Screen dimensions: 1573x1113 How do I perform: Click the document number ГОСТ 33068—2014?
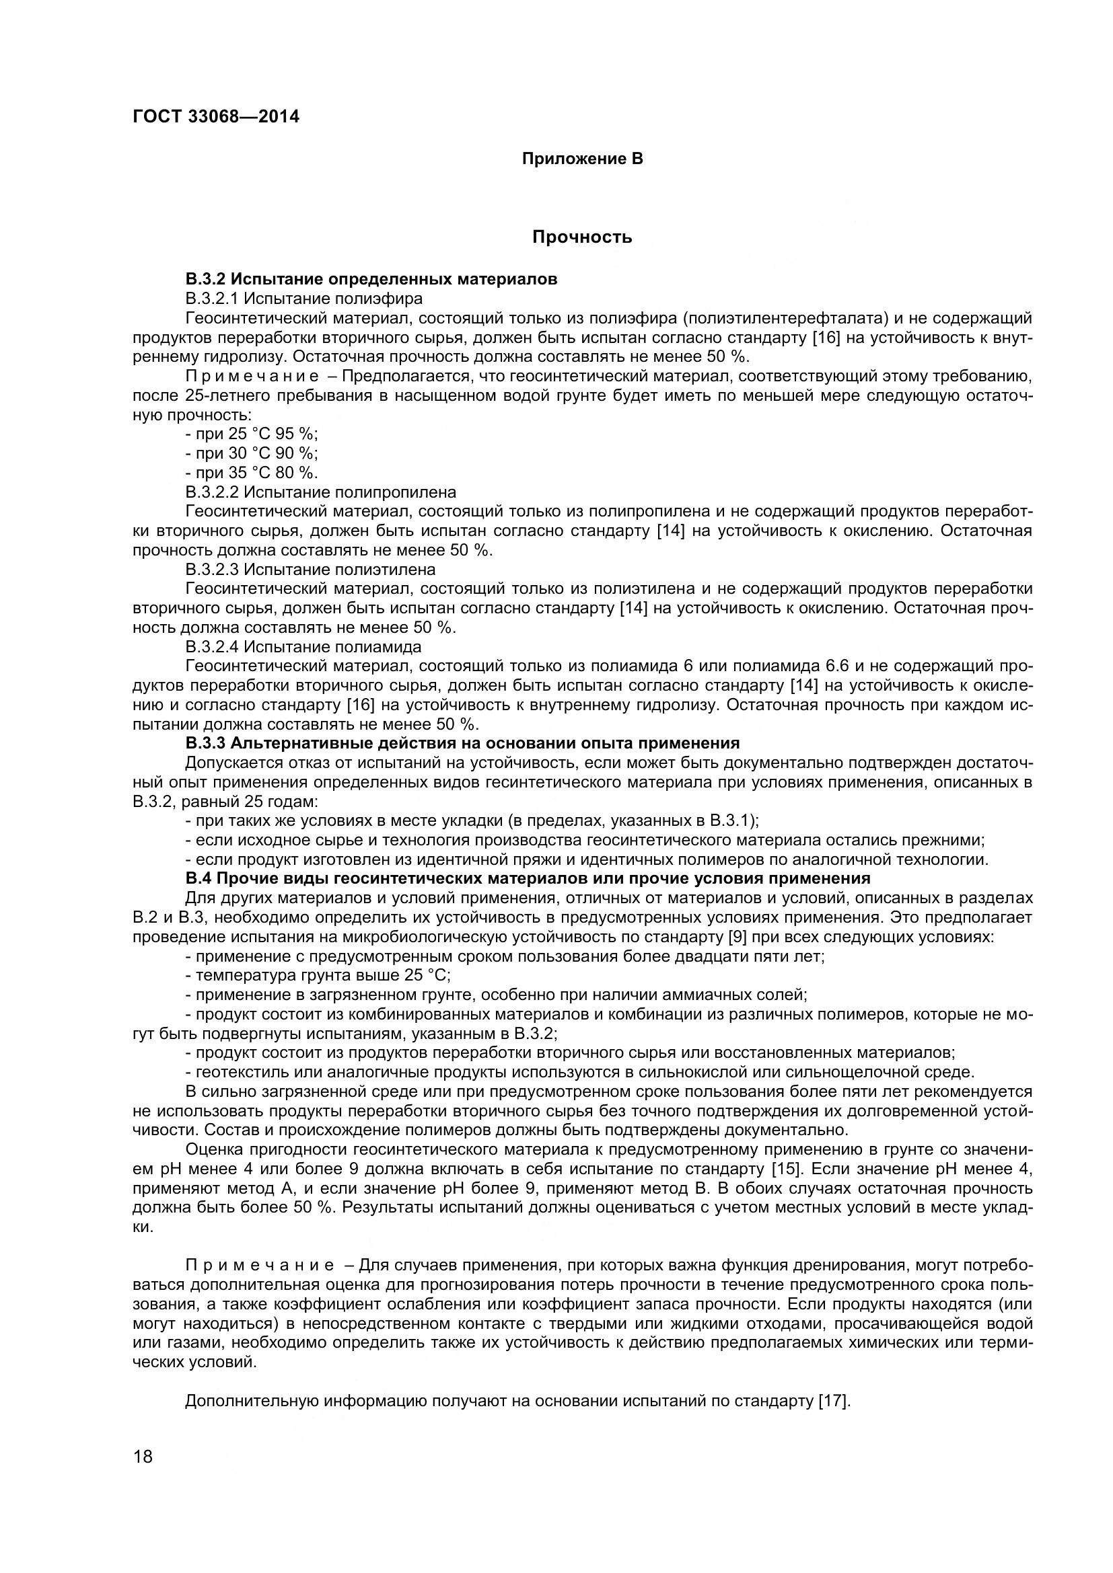[x=216, y=117]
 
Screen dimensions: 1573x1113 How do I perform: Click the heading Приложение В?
[x=582, y=159]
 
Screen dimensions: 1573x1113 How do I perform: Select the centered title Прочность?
[x=582, y=237]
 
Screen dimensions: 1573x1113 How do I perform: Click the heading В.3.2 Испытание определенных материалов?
[x=371, y=279]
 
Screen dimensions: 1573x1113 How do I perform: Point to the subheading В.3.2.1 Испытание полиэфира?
[x=303, y=298]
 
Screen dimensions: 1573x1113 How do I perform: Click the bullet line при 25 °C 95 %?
[x=252, y=434]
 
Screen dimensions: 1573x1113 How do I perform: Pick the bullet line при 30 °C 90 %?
[x=252, y=453]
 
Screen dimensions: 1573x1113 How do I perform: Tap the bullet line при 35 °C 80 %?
[x=252, y=472]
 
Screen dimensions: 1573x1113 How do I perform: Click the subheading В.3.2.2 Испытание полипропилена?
[x=320, y=492]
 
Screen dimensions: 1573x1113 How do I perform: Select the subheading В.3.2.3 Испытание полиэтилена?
[x=310, y=570]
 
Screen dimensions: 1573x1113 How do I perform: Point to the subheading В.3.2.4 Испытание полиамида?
[x=303, y=647]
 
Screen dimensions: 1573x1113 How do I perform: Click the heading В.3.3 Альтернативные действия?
[x=462, y=743]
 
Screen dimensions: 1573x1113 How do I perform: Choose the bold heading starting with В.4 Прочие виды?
[x=527, y=878]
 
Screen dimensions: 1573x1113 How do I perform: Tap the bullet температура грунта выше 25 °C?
[x=318, y=975]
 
